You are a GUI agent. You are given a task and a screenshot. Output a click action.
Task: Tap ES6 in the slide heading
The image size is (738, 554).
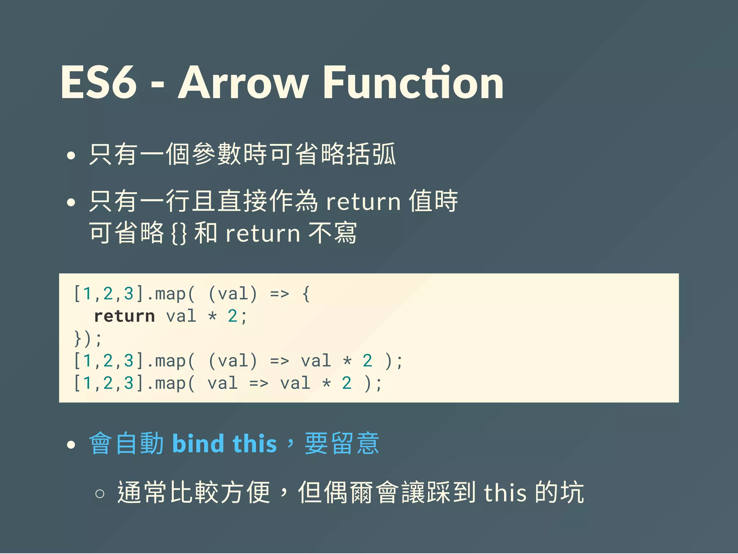point(99,83)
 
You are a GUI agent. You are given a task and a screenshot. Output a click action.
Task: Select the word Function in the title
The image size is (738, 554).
point(413,83)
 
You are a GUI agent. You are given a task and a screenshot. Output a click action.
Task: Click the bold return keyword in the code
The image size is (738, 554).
point(124,316)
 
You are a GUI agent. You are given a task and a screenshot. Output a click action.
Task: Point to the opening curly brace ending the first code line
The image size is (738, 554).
point(306,294)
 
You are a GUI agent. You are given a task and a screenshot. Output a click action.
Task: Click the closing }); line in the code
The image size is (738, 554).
point(88,339)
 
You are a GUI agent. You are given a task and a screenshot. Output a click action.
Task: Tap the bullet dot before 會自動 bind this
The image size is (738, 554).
point(71,445)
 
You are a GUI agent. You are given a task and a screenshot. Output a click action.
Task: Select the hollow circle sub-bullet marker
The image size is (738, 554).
point(100,493)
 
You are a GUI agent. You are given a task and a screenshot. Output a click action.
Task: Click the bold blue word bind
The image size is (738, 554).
point(199,444)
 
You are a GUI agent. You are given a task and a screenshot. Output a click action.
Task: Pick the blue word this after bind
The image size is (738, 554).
point(255,444)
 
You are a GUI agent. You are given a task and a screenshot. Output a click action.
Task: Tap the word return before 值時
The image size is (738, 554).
point(363,202)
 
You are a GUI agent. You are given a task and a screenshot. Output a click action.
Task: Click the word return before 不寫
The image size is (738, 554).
point(263,234)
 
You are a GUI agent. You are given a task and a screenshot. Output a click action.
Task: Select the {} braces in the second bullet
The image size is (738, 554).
point(179,234)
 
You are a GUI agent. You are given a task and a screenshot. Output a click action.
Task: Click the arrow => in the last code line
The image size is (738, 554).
point(259,383)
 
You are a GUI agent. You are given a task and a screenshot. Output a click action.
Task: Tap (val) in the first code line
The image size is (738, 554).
point(233,294)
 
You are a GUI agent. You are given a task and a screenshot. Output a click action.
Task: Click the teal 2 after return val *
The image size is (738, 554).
point(232,316)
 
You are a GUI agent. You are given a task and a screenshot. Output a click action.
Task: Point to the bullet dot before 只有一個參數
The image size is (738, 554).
point(71,155)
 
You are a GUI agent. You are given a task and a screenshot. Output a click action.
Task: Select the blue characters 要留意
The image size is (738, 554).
point(342,444)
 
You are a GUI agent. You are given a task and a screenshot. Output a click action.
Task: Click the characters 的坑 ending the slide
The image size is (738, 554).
point(559,493)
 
